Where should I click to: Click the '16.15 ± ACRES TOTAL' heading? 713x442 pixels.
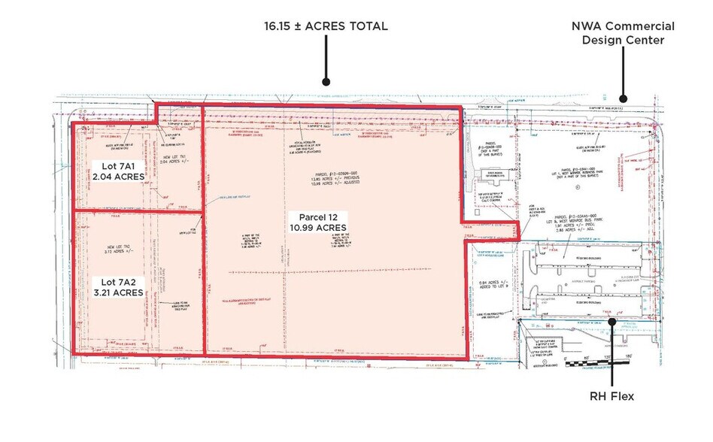(326, 26)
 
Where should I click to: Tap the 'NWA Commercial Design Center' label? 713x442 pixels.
(623, 32)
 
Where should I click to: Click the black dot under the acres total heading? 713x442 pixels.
(326, 82)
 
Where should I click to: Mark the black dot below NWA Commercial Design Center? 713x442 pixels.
(623, 98)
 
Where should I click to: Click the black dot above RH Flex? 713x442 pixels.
(612, 321)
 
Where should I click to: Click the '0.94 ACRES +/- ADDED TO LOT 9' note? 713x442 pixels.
(493, 286)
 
